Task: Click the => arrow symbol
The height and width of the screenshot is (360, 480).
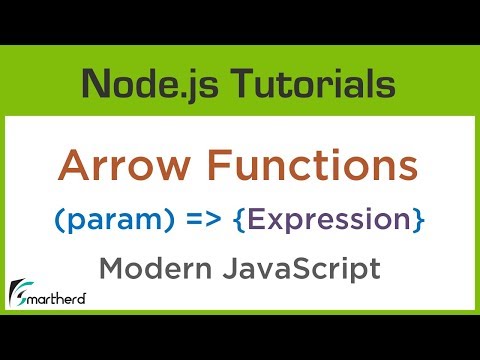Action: click(x=209, y=217)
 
